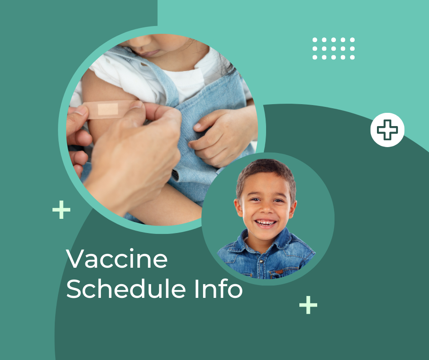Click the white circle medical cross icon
387,130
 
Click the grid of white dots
334,48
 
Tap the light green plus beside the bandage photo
62,210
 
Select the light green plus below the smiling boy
308,305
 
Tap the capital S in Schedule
76,290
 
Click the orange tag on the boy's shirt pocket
277,272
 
